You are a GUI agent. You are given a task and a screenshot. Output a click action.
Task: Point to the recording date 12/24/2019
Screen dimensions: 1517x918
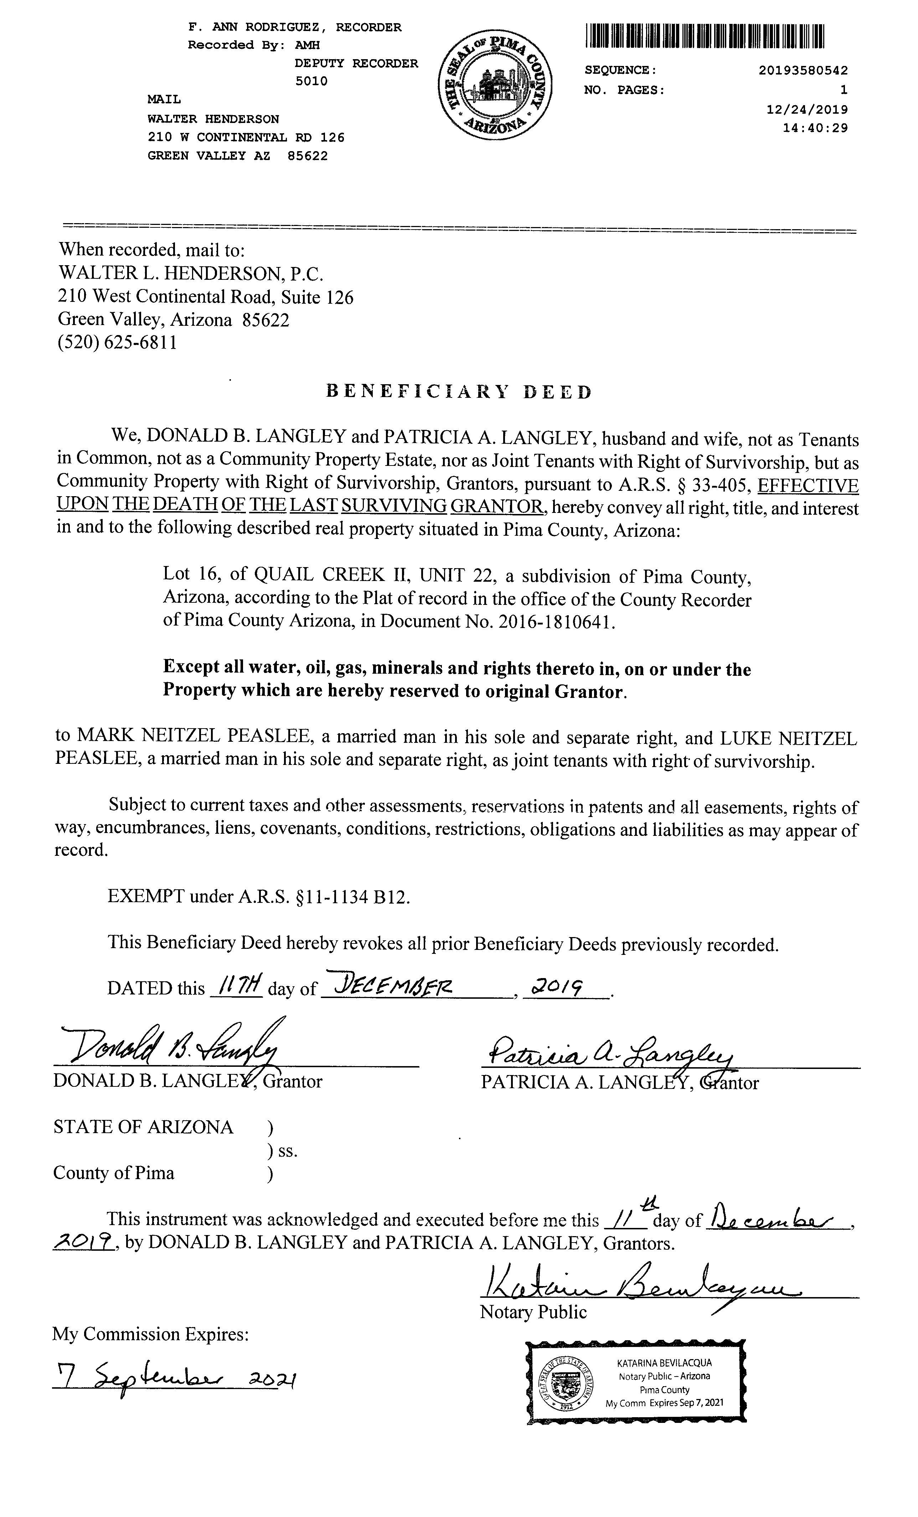(806, 109)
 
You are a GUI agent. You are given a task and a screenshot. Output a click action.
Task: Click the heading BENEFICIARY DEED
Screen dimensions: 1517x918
(459, 392)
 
